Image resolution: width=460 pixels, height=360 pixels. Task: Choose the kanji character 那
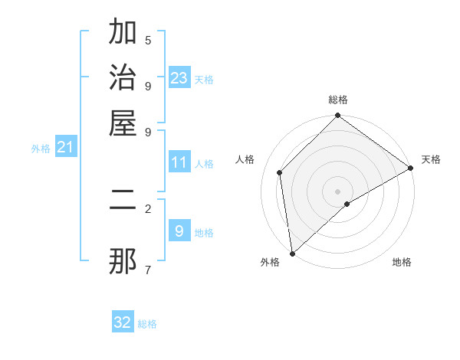click(123, 261)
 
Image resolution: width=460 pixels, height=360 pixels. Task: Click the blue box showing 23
click(179, 78)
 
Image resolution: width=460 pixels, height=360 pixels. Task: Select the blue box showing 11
click(179, 162)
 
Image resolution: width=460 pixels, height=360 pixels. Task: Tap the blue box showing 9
click(179, 231)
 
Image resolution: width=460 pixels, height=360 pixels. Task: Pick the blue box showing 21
click(64, 147)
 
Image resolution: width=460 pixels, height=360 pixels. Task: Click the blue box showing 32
click(123, 322)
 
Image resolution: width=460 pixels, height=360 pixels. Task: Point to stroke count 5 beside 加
click(148, 41)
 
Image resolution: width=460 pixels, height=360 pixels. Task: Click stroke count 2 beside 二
click(148, 208)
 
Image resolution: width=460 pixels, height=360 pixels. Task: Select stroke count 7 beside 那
click(148, 269)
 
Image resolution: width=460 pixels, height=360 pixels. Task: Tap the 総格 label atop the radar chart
click(338, 100)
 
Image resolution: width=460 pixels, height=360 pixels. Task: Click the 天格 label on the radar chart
click(431, 159)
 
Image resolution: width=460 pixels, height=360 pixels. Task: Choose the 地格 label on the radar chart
click(402, 262)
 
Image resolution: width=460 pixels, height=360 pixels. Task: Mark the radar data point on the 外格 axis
click(292, 254)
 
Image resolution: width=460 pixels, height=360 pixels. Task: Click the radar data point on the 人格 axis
click(280, 172)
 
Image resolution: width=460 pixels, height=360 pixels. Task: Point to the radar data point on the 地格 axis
click(347, 204)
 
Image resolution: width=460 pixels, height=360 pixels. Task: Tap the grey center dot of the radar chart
click(338, 191)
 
